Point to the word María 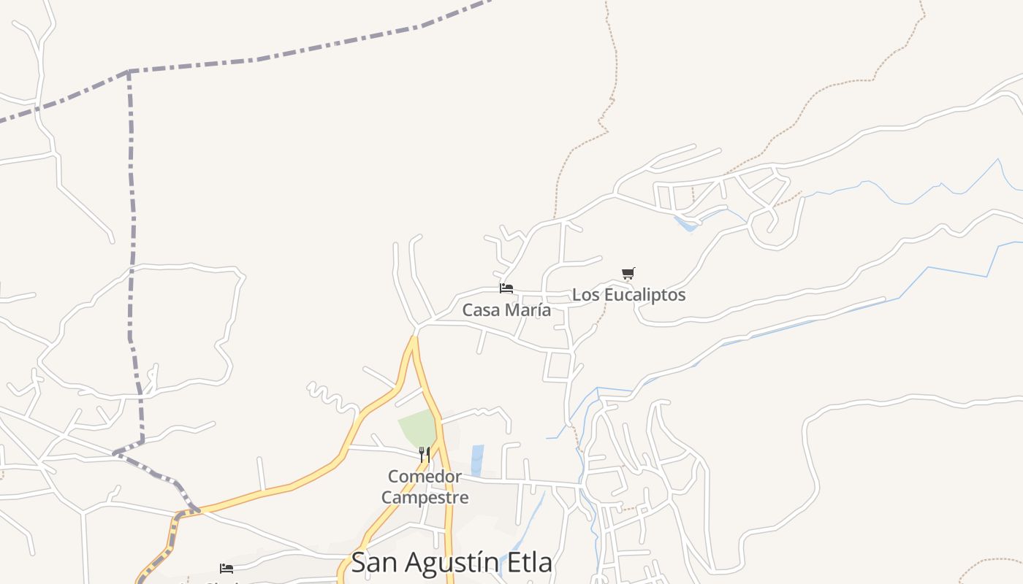(527, 310)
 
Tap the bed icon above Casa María (506, 288)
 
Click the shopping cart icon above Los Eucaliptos (628, 274)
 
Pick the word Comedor (425, 477)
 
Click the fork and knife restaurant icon (424, 454)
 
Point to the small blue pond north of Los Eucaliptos (686, 224)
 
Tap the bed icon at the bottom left (227, 568)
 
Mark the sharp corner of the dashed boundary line (129, 72)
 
